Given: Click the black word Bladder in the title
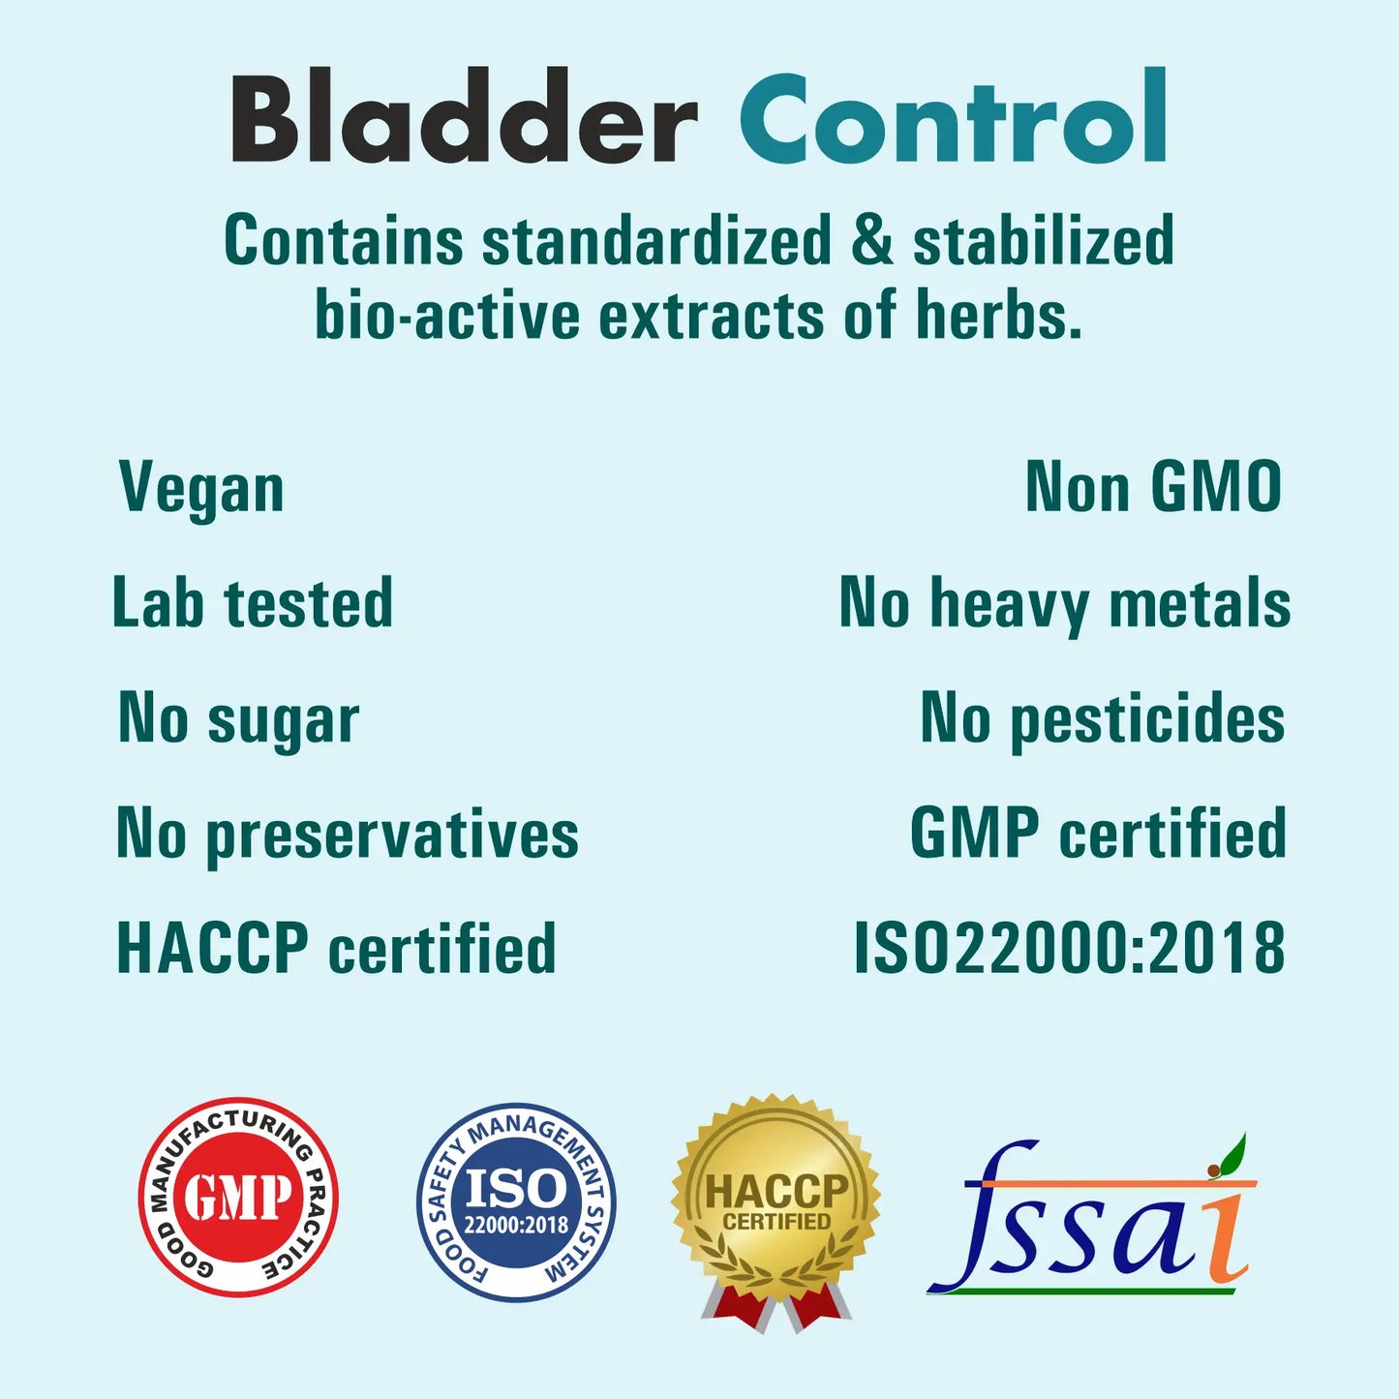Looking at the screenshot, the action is pyautogui.click(x=465, y=114).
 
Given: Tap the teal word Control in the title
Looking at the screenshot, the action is pyautogui.click(x=954, y=115).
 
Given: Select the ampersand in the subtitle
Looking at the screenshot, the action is pyautogui.click(x=871, y=239).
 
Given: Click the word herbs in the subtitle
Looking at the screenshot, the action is pyautogui.click(x=998, y=315).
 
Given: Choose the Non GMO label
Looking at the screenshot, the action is pyautogui.click(x=1154, y=486).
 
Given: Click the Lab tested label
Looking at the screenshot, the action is pyautogui.click(x=253, y=602).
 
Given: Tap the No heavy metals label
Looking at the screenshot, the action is pyautogui.click(x=1064, y=604).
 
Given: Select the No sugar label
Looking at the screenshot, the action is pyautogui.click(x=238, y=719).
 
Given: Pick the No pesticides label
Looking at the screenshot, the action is pyautogui.click(x=1102, y=719).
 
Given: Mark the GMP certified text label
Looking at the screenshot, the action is pyautogui.click(x=1098, y=832).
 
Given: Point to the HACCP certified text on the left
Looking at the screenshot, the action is pyautogui.click(x=336, y=948).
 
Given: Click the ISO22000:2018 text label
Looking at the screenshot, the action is pyautogui.click(x=1070, y=947).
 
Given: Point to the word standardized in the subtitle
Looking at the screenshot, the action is pyautogui.click(x=656, y=239).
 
